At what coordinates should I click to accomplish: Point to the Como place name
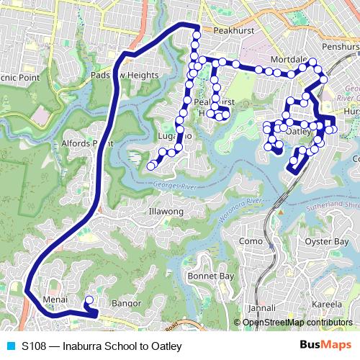pyautogui.click(x=250, y=241)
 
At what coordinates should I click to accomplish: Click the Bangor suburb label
pyautogui.click(x=127, y=304)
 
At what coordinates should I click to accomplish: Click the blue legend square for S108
pyautogui.click(x=8, y=346)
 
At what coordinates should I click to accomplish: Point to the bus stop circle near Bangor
pyautogui.click(x=89, y=300)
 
